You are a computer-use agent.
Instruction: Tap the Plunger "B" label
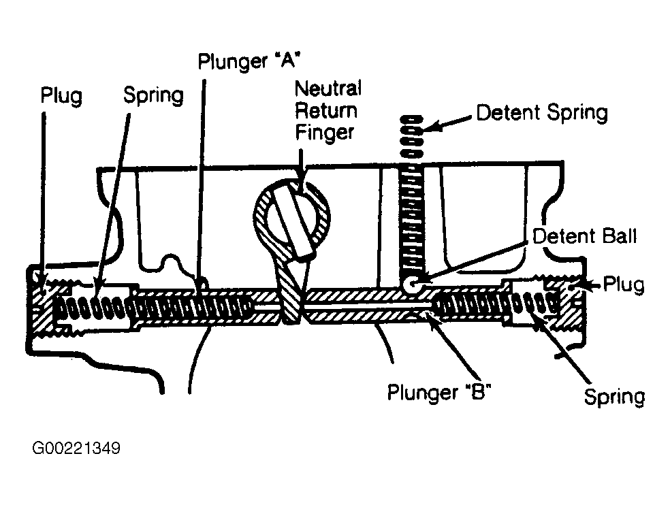[x=438, y=392]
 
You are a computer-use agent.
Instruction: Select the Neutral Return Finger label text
[x=328, y=110]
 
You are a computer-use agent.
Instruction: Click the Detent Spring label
[x=542, y=113]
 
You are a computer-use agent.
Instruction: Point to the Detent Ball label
[x=584, y=236]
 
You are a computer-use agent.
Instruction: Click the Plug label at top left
[x=61, y=95]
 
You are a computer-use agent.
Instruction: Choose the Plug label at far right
[x=624, y=284]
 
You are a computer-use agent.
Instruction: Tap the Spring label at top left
[x=153, y=95]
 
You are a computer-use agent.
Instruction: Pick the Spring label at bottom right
[x=614, y=397]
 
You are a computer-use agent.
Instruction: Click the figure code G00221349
[x=76, y=449]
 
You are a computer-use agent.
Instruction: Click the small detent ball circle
[x=411, y=284]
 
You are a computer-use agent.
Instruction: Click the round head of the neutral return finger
[x=293, y=216]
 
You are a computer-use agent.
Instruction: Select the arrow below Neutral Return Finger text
[x=301, y=169]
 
